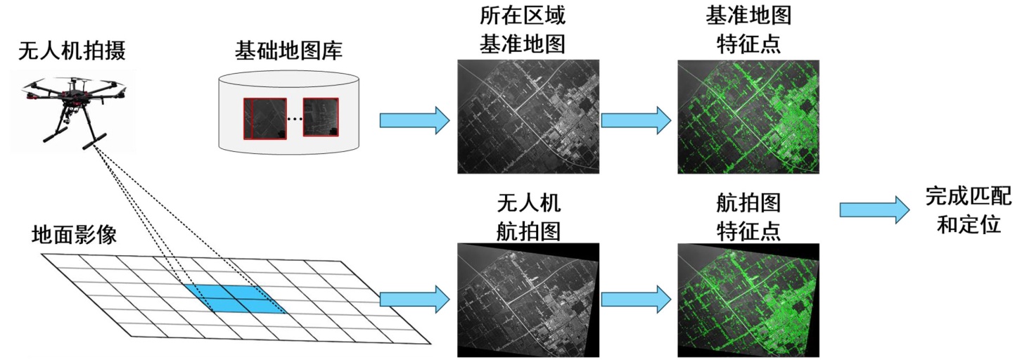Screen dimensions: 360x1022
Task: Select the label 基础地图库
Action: (285, 52)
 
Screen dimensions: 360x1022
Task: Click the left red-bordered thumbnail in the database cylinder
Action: (265, 118)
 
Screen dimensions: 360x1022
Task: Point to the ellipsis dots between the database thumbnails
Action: (295, 120)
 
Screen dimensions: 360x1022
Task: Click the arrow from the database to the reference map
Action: (414, 120)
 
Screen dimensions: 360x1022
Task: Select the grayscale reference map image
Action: (528, 117)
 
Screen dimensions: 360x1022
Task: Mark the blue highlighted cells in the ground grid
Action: (236, 298)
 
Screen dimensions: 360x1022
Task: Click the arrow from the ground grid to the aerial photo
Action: (414, 299)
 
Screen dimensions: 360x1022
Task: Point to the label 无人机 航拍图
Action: (528, 217)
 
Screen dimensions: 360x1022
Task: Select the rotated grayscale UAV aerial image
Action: (528, 300)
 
